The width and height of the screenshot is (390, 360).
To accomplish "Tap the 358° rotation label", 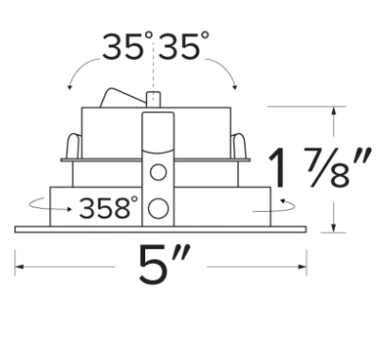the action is [x=108, y=208].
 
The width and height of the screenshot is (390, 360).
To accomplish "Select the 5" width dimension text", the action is [x=164, y=265].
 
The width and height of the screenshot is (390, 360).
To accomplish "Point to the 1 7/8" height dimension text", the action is [x=320, y=168].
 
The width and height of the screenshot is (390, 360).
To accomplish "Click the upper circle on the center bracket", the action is [x=158, y=172].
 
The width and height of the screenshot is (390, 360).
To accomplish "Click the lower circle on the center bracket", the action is [x=158, y=208].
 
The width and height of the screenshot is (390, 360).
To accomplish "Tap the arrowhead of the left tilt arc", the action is [x=69, y=86].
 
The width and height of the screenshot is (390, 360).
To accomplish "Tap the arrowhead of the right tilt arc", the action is [x=234, y=86].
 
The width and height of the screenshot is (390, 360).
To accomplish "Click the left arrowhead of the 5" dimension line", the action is [x=19, y=267].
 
